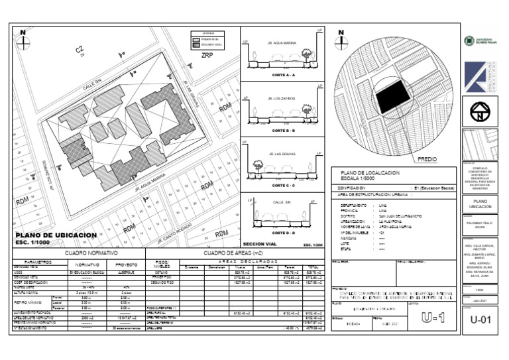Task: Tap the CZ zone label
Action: pyautogui.click(x=80, y=50)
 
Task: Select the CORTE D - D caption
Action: pyautogui.click(x=284, y=233)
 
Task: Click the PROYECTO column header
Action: pyautogui.click(x=126, y=264)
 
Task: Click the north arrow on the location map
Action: pyautogui.click(x=341, y=40)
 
